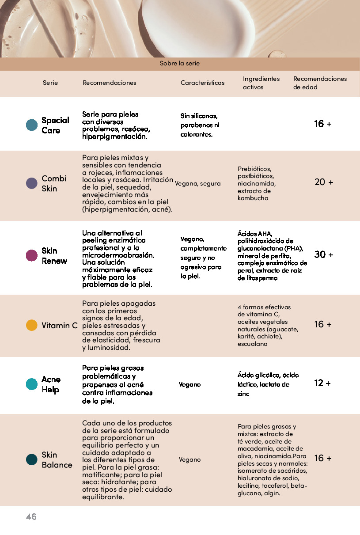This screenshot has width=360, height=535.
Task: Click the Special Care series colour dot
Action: (x=32, y=125)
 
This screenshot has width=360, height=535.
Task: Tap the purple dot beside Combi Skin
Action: (x=32, y=183)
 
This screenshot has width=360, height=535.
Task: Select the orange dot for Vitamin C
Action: (x=32, y=325)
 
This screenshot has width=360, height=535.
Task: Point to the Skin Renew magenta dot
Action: (x=32, y=255)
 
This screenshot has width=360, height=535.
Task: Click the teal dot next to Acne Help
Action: (x=32, y=384)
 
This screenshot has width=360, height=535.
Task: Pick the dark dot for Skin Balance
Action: (x=32, y=459)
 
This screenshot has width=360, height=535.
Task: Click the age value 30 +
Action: (x=323, y=254)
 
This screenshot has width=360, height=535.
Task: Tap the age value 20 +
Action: (x=323, y=182)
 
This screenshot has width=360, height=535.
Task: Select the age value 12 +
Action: (x=322, y=383)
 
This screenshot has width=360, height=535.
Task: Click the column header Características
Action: (x=202, y=83)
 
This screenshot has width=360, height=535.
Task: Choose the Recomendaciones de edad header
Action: (x=320, y=83)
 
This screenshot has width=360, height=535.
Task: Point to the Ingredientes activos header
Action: (x=261, y=83)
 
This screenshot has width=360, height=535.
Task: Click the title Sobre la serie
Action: (x=180, y=64)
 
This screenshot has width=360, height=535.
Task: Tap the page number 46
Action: (x=31, y=516)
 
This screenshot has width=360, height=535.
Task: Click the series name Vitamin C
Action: (x=60, y=326)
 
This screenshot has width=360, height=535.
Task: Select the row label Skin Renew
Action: (x=54, y=256)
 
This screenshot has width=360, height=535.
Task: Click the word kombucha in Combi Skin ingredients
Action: (x=253, y=198)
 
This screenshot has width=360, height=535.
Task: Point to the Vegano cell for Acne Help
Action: (x=189, y=384)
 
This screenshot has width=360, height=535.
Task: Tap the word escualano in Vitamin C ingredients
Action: (x=252, y=344)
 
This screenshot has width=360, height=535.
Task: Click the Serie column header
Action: (x=50, y=83)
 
